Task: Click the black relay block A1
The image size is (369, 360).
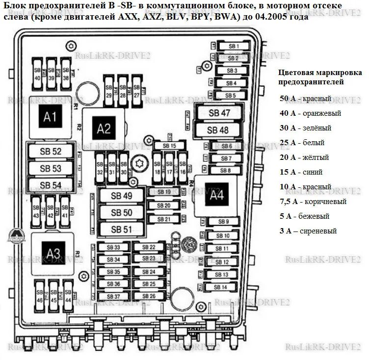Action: coord(50,117)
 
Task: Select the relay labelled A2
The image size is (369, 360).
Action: coord(104,129)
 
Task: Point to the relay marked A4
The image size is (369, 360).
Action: coord(216,195)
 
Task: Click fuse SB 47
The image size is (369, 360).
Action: coord(219,113)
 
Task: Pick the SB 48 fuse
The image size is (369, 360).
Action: coord(218,130)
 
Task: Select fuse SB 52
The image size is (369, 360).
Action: coord(51,152)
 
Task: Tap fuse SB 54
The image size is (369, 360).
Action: coord(51,184)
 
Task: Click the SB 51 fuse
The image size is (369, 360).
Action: coord(122,229)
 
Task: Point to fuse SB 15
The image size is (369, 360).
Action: coord(169,146)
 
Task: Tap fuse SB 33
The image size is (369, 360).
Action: coord(113,248)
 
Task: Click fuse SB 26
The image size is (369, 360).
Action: coord(149,296)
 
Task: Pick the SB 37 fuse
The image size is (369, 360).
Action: coord(113,297)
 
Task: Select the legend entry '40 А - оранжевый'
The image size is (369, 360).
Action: coord(310,113)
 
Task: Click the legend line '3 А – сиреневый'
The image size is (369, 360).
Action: coord(308,231)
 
